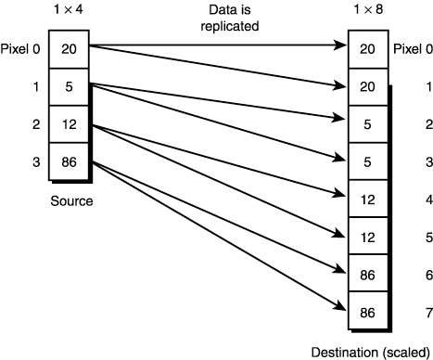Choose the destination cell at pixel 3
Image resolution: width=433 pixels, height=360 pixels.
point(367,161)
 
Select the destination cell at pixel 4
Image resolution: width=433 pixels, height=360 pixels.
point(367,199)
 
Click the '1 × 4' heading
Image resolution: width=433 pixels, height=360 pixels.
point(67,11)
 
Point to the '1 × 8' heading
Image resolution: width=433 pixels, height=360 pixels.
point(365,11)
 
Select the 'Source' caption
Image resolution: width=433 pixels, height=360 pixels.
point(70,199)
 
